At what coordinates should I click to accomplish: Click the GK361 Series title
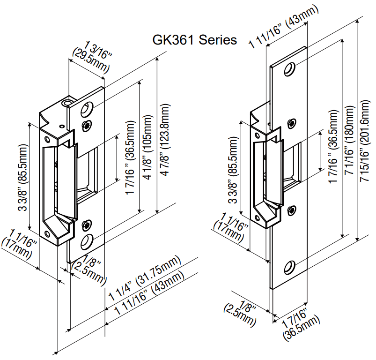click(x=195, y=39)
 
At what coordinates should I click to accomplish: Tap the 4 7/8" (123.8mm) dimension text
click(x=164, y=141)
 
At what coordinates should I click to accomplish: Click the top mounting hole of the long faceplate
click(x=289, y=69)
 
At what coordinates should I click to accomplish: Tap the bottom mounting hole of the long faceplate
click(x=289, y=267)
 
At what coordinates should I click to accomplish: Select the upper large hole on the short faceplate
click(x=86, y=111)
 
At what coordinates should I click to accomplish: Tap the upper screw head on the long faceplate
click(x=291, y=124)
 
